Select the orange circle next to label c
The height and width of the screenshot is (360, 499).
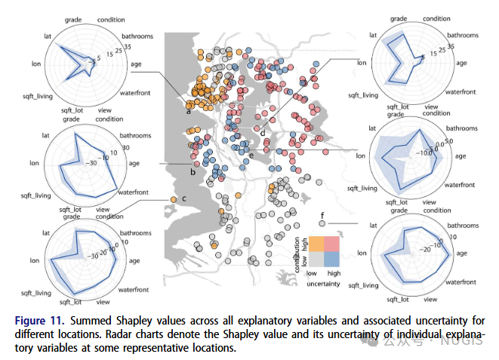174,199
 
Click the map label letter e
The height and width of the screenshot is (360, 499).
251,156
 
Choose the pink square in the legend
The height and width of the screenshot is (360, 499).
333,242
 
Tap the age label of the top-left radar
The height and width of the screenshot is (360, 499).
137,64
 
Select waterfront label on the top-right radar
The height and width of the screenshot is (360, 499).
467,92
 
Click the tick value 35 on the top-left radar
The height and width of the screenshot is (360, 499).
127,47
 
